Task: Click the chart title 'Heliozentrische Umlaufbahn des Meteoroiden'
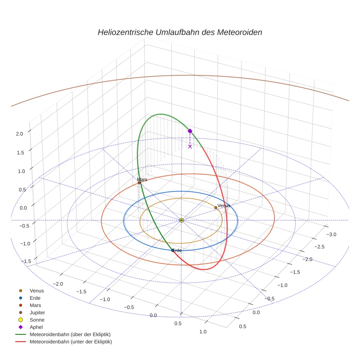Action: click(180, 32)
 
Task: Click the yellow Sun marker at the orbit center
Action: click(181, 220)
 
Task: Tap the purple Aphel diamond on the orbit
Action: click(190, 131)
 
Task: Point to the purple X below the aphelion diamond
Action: click(190, 146)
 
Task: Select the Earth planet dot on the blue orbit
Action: click(173, 250)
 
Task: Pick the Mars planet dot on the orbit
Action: click(139, 183)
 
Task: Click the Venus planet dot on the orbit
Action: click(216, 207)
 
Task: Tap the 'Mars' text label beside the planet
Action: click(142, 179)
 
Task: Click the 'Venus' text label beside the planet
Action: click(224, 206)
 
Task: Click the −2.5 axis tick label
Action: click(319, 247)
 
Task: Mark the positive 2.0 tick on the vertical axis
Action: click(19, 134)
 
